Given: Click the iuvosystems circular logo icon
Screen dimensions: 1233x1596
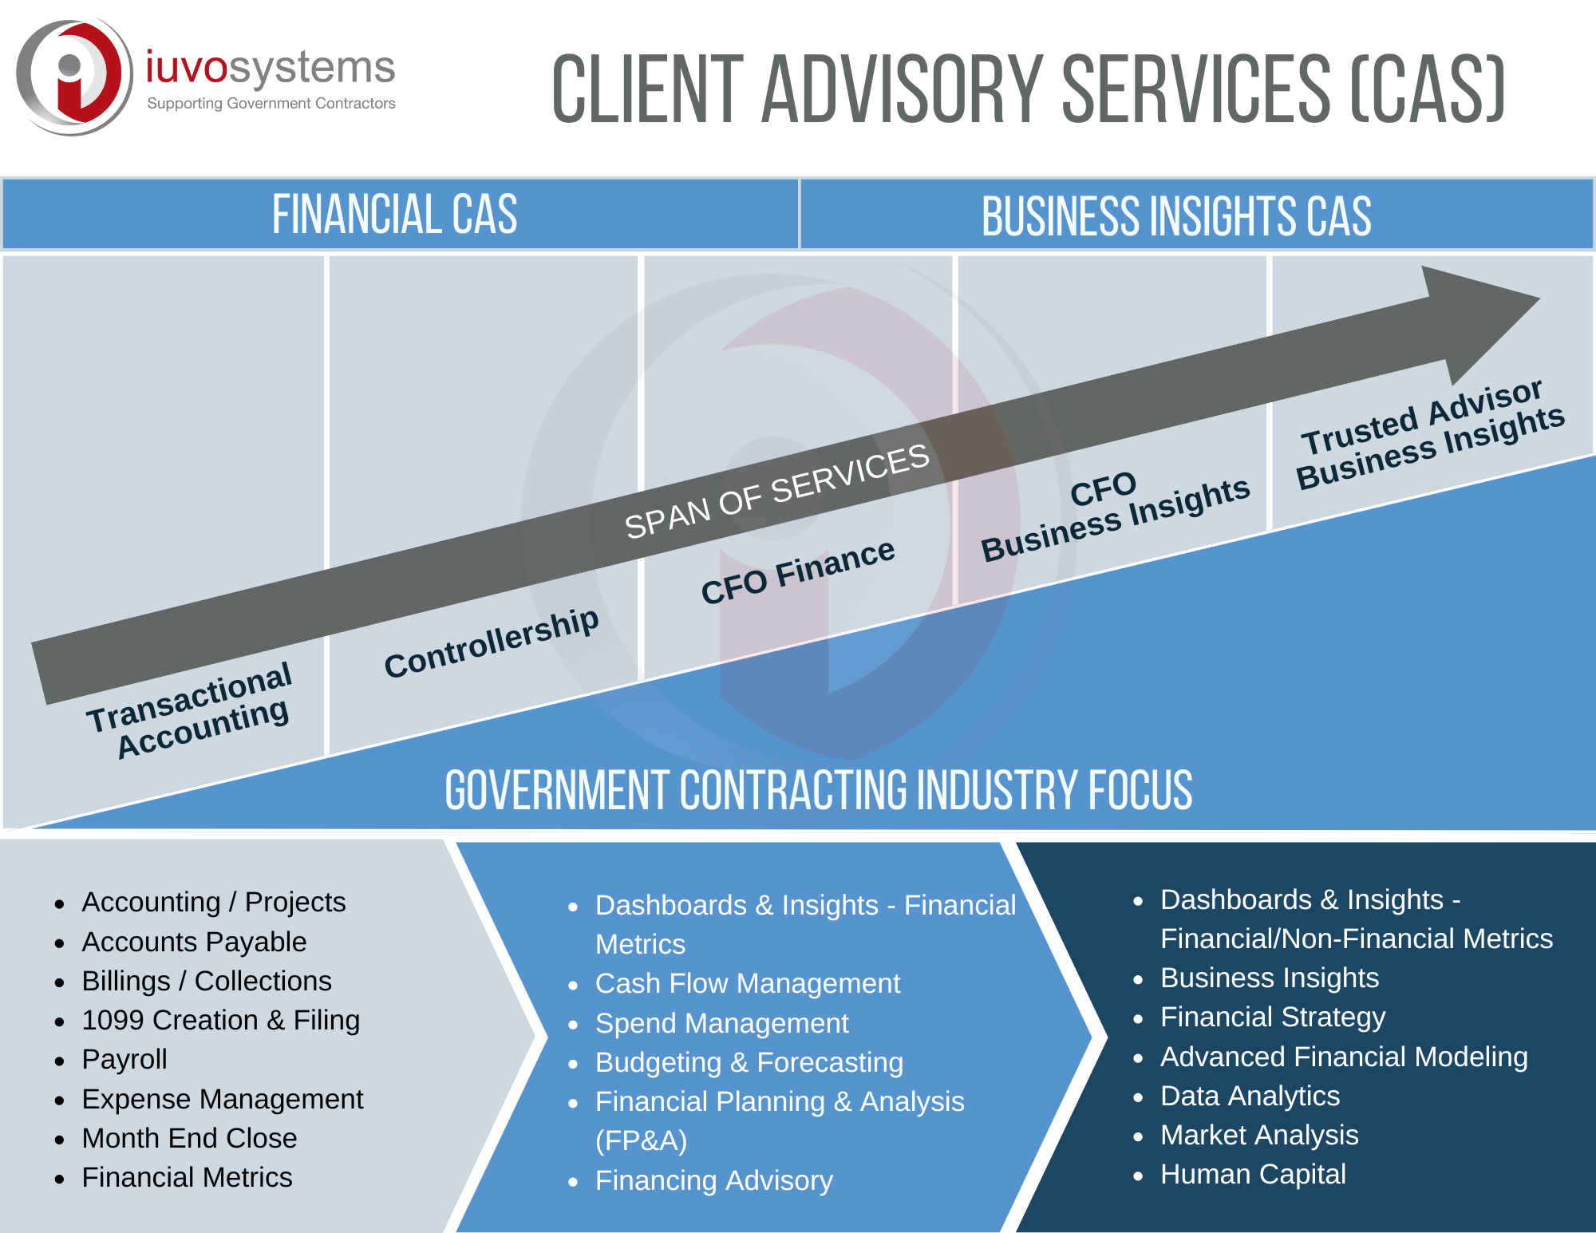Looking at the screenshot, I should [74, 77].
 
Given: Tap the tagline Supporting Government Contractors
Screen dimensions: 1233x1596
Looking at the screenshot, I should [271, 104].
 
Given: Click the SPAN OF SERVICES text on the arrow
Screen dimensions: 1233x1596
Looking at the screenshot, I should [776, 491].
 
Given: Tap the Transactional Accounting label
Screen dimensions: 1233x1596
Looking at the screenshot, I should [192, 709].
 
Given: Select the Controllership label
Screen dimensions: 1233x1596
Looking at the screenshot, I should [491, 642].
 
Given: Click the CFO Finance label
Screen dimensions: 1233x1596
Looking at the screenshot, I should [797, 571].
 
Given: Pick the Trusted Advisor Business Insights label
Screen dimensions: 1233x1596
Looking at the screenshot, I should [1428, 435].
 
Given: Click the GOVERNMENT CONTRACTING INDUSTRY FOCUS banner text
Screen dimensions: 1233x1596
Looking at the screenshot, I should [818, 790].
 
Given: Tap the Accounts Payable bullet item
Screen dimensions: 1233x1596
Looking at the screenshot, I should [194, 942].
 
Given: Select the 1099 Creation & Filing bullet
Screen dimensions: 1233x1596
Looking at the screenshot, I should [220, 1020].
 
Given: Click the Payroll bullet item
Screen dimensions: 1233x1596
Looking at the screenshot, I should [124, 1059].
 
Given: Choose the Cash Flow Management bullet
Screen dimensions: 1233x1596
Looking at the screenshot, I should [747, 983].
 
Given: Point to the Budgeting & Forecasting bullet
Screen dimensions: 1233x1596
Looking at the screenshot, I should [749, 1062].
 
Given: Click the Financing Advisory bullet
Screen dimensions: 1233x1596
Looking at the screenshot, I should [713, 1180].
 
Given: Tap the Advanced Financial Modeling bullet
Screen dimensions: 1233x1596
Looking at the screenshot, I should [1343, 1057].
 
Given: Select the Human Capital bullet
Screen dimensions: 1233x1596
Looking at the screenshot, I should [1252, 1174].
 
